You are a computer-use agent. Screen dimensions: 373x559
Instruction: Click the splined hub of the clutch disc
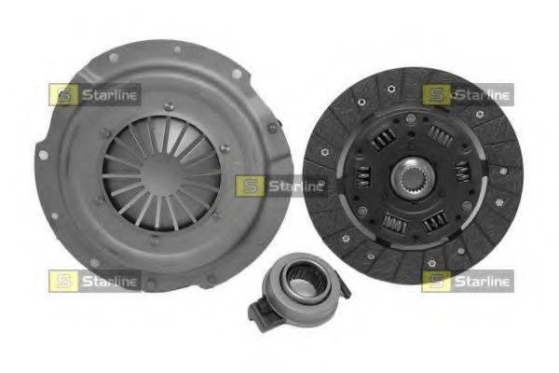point(412,177)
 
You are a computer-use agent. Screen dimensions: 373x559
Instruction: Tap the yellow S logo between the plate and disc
point(250,186)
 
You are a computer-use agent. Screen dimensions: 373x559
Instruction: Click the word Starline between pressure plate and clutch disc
point(295,186)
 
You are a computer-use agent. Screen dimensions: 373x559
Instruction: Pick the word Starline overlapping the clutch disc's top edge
point(482,94)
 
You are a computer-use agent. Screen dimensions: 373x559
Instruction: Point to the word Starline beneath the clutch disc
point(482,281)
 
